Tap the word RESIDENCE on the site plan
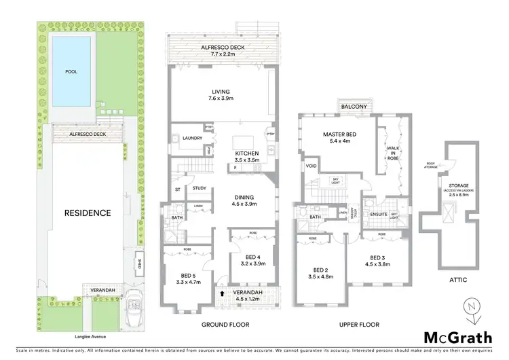click(x=87, y=213)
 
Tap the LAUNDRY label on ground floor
click(x=193, y=139)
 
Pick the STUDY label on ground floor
click(x=199, y=188)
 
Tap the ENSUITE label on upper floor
click(x=379, y=214)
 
